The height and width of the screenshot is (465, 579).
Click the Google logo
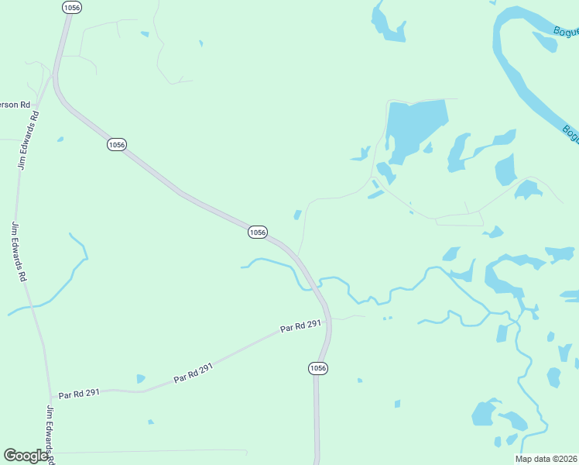[26, 456]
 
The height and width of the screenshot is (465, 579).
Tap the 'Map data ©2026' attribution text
[546, 459]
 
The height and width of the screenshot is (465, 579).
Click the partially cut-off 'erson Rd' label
[15, 105]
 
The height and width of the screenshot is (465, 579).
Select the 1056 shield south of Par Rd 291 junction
[318, 367]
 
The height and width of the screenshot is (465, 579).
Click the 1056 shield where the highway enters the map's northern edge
[70, 6]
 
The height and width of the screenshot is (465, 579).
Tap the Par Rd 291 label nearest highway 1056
[301, 327]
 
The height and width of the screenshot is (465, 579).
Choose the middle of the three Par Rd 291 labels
[193, 374]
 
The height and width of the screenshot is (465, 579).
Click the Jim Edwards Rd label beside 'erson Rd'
[28, 139]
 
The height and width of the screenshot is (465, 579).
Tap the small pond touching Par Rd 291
[140, 379]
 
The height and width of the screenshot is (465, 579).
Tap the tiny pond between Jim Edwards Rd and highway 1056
[60, 139]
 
